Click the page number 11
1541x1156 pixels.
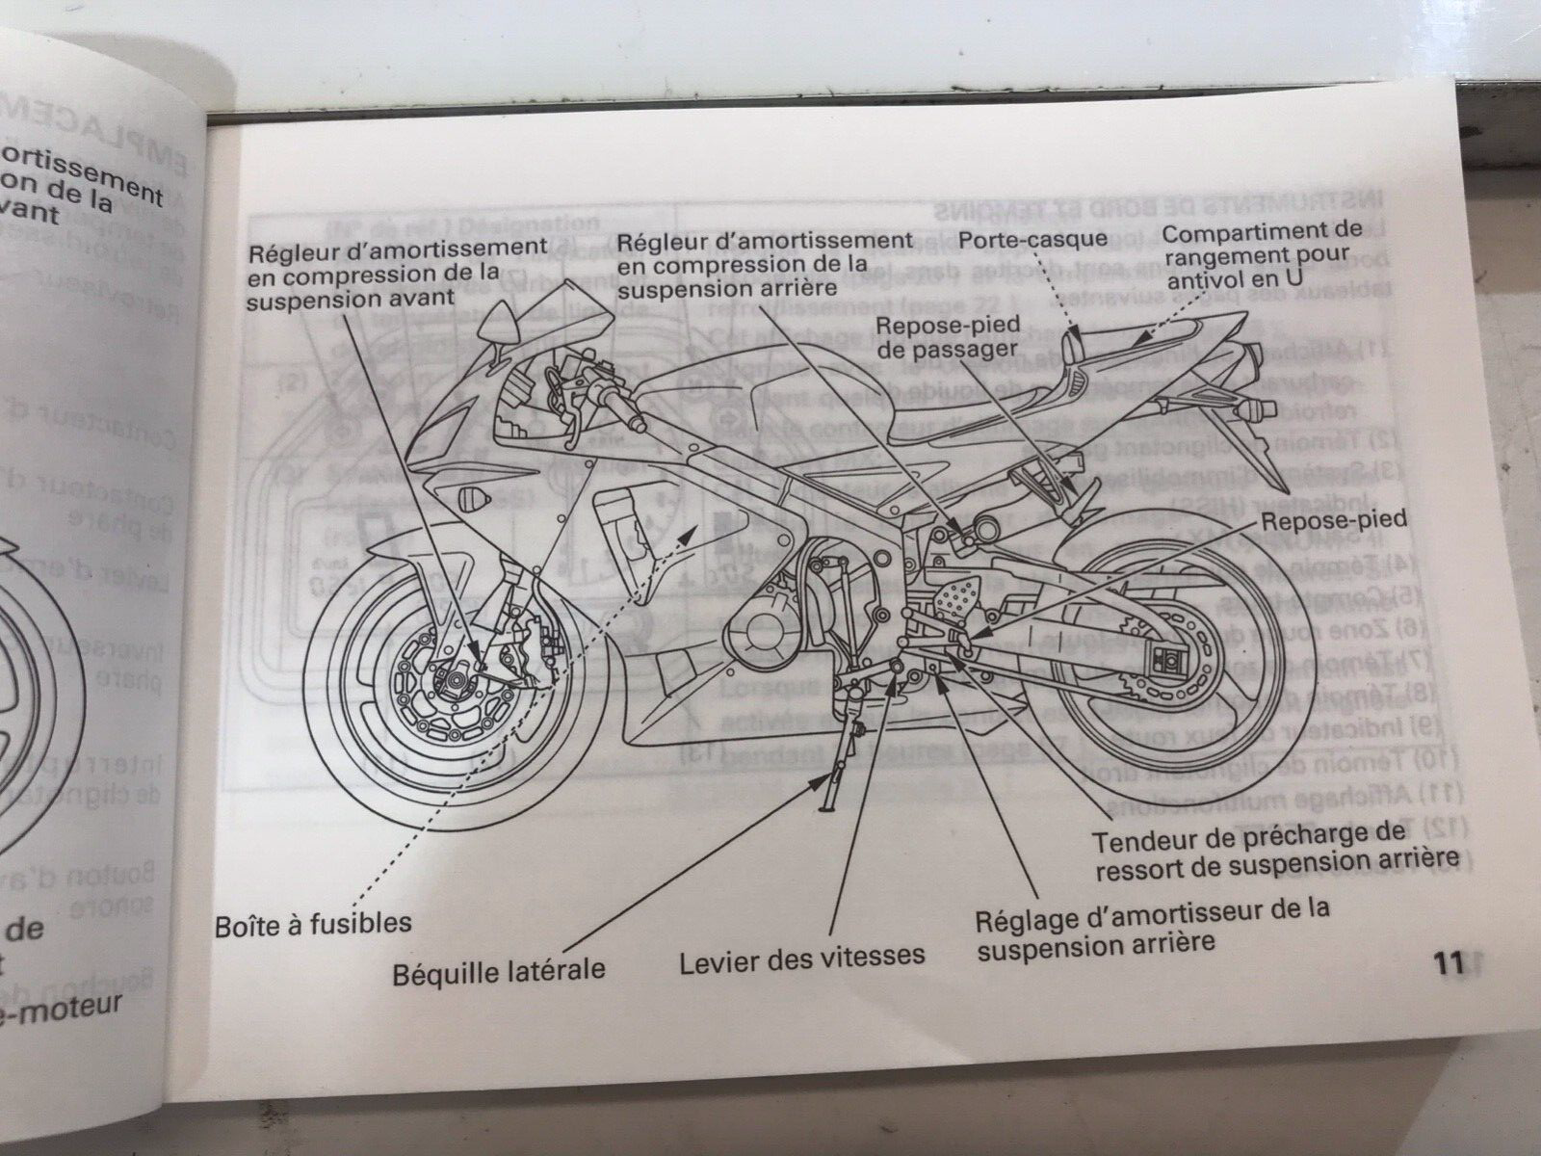(x=1447, y=964)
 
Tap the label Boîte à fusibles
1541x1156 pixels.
(x=312, y=923)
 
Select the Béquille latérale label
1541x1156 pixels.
(x=498, y=970)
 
